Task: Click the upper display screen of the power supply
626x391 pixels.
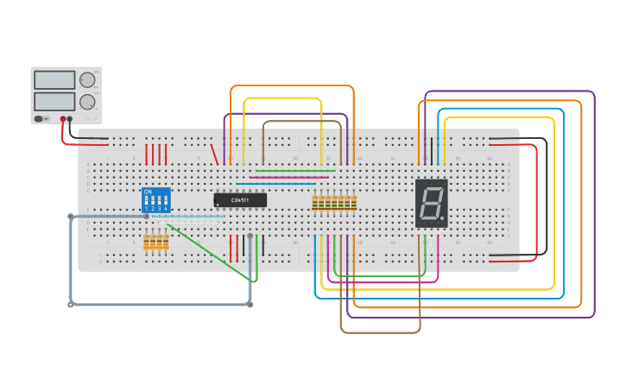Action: (x=54, y=80)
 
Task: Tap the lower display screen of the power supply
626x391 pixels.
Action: (x=54, y=101)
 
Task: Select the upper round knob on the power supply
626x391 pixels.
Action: (x=87, y=80)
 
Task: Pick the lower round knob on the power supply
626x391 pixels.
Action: (x=87, y=102)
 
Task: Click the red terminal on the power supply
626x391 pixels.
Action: (x=62, y=118)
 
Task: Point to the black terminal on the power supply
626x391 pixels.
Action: (x=71, y=118)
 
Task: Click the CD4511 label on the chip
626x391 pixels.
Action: (x=240, y=200)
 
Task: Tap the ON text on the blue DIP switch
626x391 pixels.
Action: (x=148, y=192)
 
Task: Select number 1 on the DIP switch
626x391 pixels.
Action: (x=147, y=208)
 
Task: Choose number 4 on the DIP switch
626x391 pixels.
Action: (x=166, y=208)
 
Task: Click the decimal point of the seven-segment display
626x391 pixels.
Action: (x=443, y=218)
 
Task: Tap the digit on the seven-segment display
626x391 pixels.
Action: (x=430, y=203)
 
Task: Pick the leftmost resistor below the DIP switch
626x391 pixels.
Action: (x=147, y=243)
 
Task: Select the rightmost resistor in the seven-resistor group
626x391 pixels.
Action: (x=354, y=202)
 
